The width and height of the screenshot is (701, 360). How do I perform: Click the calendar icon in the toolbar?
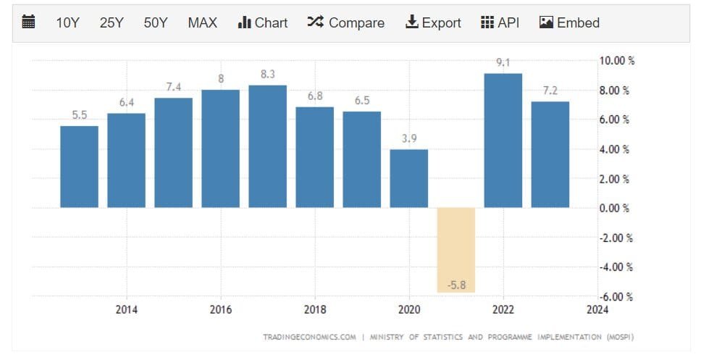click(29, 22)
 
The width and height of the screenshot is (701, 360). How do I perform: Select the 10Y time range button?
click(67, 22)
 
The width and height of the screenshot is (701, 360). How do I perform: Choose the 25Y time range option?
click(112, 22)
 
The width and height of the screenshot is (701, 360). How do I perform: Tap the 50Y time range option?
click(156, 22)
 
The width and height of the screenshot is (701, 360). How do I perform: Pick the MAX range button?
click(202, 22)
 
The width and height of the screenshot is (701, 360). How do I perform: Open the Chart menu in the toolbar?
click(262, 22)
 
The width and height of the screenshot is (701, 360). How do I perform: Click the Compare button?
click(345, 22)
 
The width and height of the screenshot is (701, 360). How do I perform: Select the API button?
click(500, 22)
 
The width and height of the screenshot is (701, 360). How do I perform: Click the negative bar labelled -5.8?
click(456, 250)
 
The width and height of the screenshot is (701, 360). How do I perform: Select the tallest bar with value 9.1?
click(503, 141)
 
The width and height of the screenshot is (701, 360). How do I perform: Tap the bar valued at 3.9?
click(409, 178)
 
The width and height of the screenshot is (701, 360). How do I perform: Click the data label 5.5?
click(80, 114)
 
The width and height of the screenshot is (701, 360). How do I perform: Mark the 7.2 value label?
click(550, 91)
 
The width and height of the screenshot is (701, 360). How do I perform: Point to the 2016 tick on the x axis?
click(221, 310)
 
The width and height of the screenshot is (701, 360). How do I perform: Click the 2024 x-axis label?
click(597, 310)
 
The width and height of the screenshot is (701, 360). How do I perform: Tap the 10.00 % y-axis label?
click(616, 61)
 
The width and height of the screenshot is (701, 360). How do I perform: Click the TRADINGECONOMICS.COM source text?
click(309, 337)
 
